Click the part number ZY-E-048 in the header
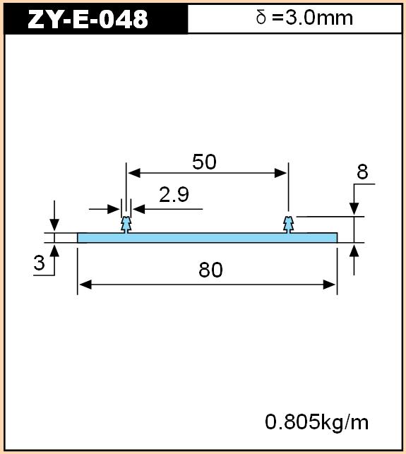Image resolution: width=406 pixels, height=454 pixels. pyautogui.click(x=88, y=19)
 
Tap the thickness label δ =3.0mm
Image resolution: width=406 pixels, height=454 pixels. pyautogui.click(x=304, y=18)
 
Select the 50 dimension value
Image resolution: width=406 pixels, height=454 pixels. pyautogui.click(x=204, y=162)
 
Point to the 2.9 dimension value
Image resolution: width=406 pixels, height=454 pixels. pyautogui.click(x=174, y=194)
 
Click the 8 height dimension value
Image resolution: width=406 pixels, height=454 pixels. pyautogui.click(x=362, y=172)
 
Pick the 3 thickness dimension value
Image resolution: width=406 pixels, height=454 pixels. pyautogui.click(x=39, y=263)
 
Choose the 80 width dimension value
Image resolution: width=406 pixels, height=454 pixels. pyautogui.click(x=210, y=270)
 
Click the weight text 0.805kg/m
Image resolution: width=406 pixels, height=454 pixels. pyautogui.click(x=317, y=422)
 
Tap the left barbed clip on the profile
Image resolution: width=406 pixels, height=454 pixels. pyautogui.click(x=126, y=225)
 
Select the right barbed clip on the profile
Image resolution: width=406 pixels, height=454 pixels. pyautogui.click(x=288, y=225)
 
